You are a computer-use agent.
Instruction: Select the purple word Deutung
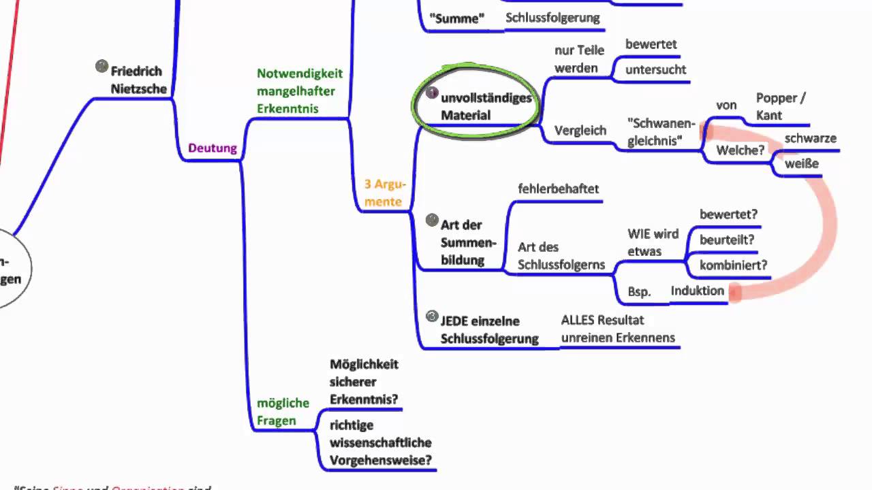(213, 148)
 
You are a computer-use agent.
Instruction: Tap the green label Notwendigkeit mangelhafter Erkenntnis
(300, 91)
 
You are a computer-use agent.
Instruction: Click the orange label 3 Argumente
(385, 193)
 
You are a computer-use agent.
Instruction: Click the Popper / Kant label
(781, 107)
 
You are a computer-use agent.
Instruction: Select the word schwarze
(810, 138)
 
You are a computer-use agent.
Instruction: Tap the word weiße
(801, 163)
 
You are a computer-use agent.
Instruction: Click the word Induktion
(697, 291)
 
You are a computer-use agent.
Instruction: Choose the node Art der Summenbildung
(469, 242)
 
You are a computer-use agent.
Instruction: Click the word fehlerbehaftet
(558, 189)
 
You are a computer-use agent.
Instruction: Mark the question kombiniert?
(733, 265)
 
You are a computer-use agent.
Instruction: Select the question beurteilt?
(727, 240)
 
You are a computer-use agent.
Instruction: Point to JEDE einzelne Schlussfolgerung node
(489, 330)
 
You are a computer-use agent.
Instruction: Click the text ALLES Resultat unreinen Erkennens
(618, 329)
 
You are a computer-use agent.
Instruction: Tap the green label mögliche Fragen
(283, 412)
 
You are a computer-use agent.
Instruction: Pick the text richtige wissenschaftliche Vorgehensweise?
(380, 442)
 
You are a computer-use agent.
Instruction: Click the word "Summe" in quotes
(457, 18)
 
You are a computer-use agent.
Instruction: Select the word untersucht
(655, 69)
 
